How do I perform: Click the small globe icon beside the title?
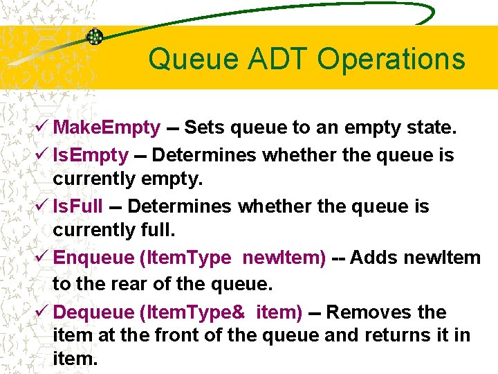[94, 37]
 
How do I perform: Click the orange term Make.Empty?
[107, 128]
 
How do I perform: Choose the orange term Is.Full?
[78, 206]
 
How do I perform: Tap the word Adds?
[374, 258]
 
